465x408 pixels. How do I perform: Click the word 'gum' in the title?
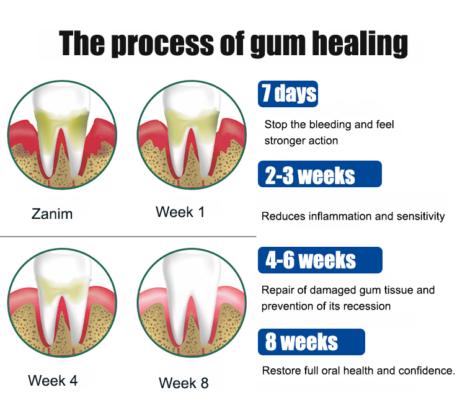click(278, 45)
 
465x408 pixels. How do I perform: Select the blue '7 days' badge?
click(288, 94)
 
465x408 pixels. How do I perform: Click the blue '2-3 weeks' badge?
click(320, 174)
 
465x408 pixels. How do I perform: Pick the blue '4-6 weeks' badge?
click(320, 260)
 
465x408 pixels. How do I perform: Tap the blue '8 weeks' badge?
click(311, 342)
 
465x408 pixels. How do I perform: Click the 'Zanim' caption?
click(52, 214)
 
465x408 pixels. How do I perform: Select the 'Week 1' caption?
click(180, 212)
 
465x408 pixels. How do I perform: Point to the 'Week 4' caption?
click(53, 381)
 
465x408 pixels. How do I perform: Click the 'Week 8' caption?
click(184, 383)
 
